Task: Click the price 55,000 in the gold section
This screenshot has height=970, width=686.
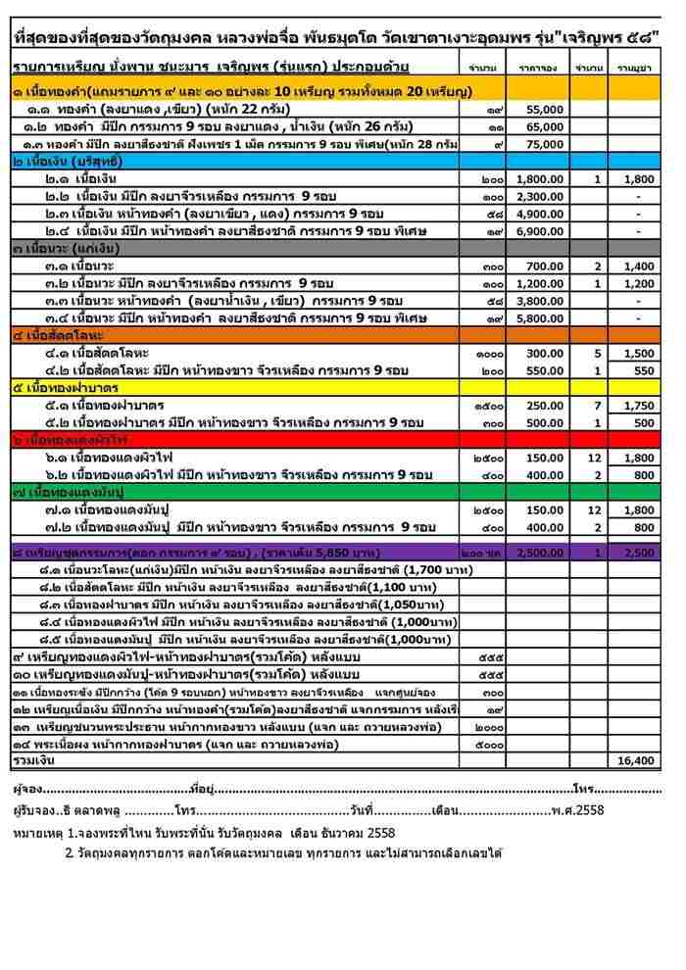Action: tap(546, 110)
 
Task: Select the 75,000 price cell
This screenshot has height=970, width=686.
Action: tap(546, 144)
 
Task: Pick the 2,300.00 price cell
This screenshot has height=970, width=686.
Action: tap(540, 196)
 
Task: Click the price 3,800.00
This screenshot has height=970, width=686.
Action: tap(540, 300)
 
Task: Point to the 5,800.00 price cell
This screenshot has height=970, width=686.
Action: tap(540, 317)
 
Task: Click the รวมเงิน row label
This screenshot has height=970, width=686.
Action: tap(33, 759)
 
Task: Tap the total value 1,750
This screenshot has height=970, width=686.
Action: tap(638, 405)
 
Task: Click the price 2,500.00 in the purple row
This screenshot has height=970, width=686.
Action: tap(540, 552)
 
